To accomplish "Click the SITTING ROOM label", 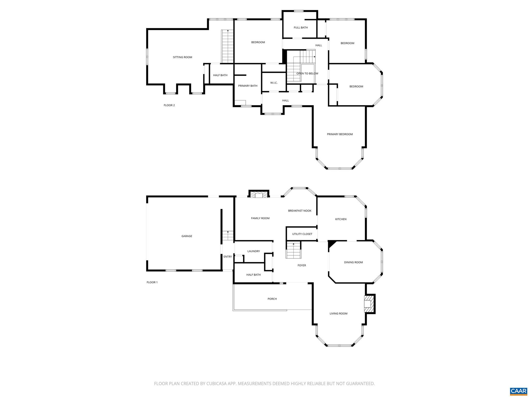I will click(x=182, y=57).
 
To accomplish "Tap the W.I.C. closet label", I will click(x=274, y=83).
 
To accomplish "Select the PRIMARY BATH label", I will click(x=248, y=86).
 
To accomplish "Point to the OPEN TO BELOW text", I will click(x=307, y=73).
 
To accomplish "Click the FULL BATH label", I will click(x=301, y=27).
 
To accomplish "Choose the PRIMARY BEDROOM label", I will click(x=340, y=134).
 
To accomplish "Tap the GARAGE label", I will click(x=187, y=236).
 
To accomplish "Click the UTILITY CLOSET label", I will click(x=302, y=234).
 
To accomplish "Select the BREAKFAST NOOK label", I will click(x=300, y=211).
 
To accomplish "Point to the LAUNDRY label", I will click(x=253, y=251).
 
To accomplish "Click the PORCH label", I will click(x=272, y=299).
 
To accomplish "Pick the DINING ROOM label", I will click(x=353, y=262).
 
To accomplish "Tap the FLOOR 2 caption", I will click(x=169, y=105).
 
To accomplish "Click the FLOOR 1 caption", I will click(x=152, y=282).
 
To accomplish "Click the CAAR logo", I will click(x=518, y=391).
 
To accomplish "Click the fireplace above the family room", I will click(x=259, y=194).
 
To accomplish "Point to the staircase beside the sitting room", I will click(x=227, y=46).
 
